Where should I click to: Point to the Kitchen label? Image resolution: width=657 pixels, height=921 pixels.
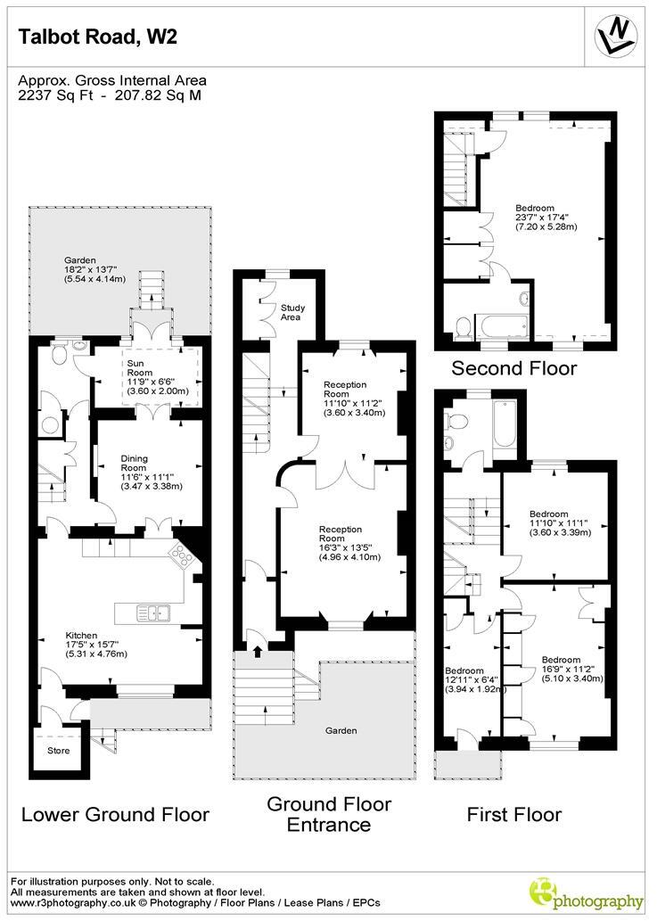[104, 632]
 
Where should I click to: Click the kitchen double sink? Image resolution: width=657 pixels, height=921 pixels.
[154, 613]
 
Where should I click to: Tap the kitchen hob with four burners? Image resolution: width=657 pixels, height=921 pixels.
[183, 558]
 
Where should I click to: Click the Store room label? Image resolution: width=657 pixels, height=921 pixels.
[58, 750]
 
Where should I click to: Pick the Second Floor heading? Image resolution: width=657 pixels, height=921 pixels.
[514, 368]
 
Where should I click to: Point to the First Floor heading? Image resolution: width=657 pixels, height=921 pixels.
[514, 814]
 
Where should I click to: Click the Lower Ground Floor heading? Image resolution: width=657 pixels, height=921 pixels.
[115, 814]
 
